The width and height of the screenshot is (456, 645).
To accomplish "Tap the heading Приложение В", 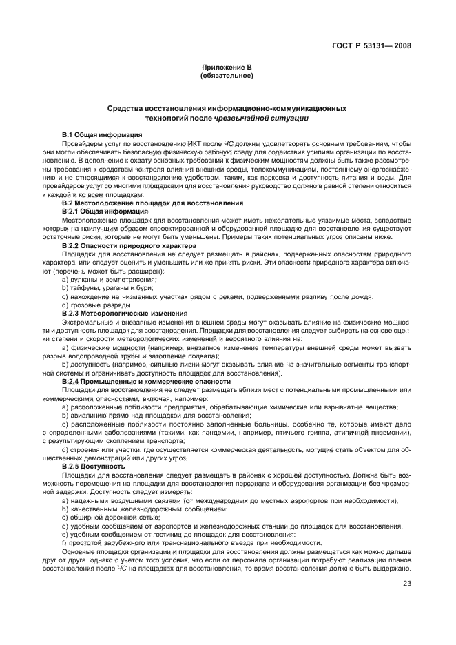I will [227, 68].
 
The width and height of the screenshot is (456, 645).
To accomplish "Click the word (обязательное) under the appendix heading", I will [227, 76].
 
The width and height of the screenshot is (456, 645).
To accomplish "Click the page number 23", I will [406, 584].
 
